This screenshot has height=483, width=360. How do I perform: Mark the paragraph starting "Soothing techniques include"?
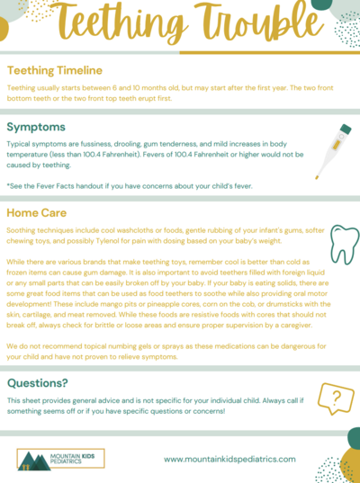153,234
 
